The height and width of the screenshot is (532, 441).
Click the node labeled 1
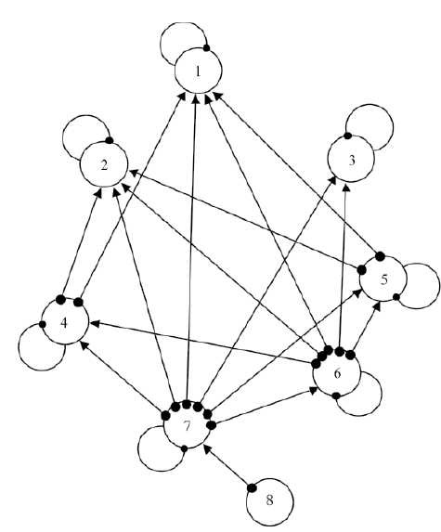coord(198,71)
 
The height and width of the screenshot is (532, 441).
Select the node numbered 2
coord(104,164)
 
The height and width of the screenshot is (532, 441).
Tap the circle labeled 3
coord(352,159)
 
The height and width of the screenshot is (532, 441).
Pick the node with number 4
coord(64,321)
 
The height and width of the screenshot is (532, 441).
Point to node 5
coord(383,279)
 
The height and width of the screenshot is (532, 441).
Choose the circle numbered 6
coord(336,373)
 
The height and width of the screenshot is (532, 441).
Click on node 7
coord(188,425)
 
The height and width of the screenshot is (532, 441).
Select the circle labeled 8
coord(269,502)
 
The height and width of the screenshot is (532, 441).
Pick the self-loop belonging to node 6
coord(378,404)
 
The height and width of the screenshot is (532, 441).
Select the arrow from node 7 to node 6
coord(265,408)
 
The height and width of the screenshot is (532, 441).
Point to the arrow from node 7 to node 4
coord(123,378)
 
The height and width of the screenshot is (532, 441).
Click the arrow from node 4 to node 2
coord(81,243)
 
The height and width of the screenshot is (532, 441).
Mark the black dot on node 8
coord(252,487)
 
